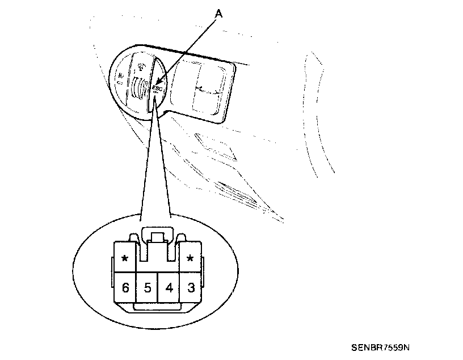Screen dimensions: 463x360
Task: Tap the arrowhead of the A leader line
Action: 157,86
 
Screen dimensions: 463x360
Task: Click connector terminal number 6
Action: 125,288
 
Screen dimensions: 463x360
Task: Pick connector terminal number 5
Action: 147,288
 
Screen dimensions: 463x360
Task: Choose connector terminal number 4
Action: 169,288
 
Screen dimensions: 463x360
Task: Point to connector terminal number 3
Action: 191,288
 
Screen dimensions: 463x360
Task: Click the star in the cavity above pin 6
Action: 124,259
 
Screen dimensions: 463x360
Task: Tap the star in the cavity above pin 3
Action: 191,259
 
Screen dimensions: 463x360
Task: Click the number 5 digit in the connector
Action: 147,288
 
